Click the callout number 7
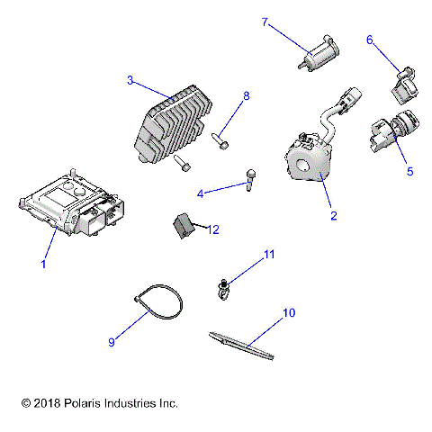tap(265, 22)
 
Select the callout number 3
tap(130, 80)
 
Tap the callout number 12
tap(213, 229)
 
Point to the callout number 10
tap(289, 312)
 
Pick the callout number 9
tap(112, 342)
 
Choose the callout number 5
tap(410, 171)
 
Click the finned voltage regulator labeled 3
tap(174, 124)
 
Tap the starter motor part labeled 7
tap(319, 53)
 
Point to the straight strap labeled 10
tap(241, 346)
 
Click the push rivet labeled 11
tap(222, 290)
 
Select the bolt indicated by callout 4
tap(250, 180)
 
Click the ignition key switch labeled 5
tap(394, 130)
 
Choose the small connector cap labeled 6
tap(405, 85)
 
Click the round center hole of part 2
tap(302, 166)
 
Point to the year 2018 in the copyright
tap(47, 403)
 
